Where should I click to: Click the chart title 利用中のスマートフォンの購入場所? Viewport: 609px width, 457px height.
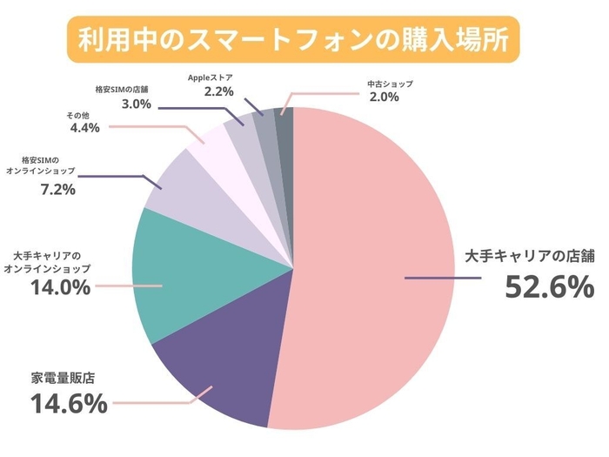coord(293,40)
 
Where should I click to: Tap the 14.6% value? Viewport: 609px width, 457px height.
coord(69,404)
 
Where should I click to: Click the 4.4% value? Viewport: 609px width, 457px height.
coord(84,128)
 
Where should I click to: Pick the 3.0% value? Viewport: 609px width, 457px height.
coord(135,104)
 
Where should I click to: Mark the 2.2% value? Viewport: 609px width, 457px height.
coord(220,91)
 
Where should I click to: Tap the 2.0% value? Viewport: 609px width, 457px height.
coord(384,97)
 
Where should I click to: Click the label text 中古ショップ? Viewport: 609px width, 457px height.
coord(390,84)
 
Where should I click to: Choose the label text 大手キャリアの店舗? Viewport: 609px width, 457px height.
coord(528,256)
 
